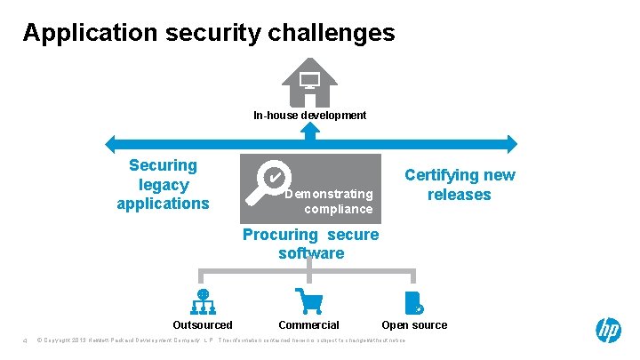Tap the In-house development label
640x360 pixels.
309,115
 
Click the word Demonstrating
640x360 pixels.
330,194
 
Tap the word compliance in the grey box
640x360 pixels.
338,209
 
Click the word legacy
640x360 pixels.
163,184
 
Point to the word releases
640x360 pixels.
459,195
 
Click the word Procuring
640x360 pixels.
280,235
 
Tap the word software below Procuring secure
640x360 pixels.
311,253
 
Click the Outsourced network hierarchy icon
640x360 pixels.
203,301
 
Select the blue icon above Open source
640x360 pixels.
412,302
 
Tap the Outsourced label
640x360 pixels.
203,325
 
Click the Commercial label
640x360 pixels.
308,325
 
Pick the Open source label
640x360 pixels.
414,325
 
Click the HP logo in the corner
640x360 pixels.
608,331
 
